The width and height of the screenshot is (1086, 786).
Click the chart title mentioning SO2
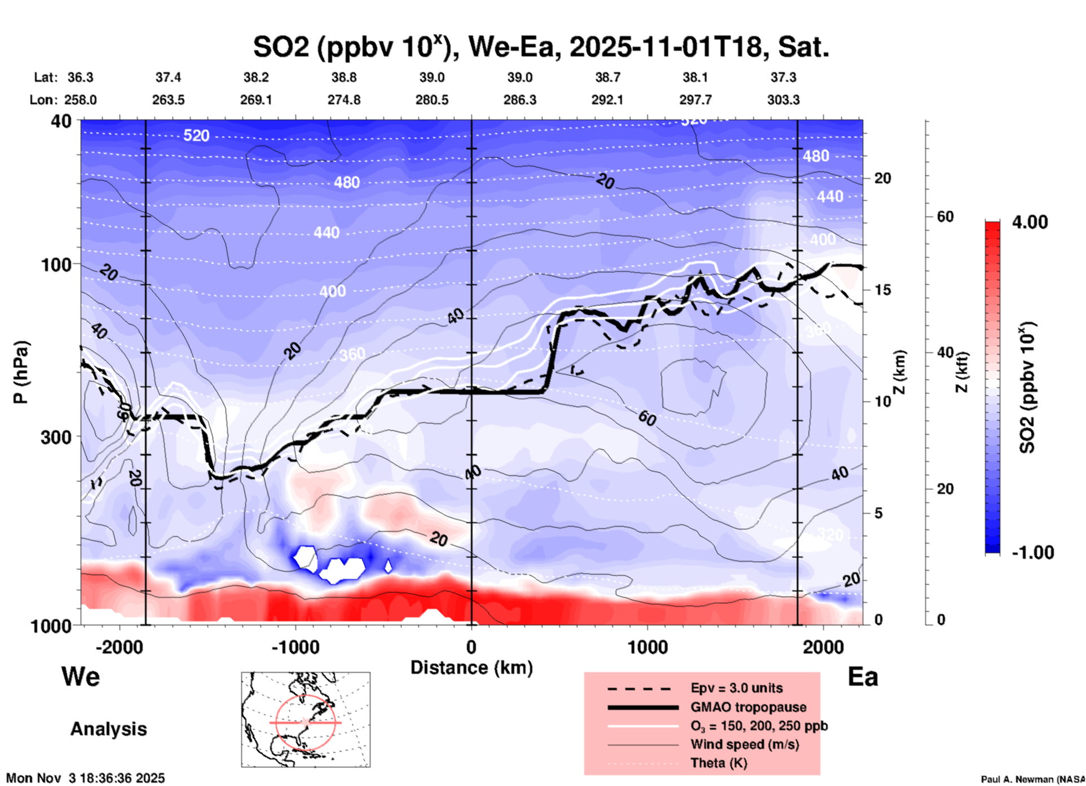(x=540, y=47)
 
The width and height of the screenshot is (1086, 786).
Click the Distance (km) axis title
(x=471, y=668)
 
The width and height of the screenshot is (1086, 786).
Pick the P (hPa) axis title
(x=20, y=372)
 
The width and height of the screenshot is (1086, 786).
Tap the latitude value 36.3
(x=80, y=77)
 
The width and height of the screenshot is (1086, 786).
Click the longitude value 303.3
(x=783, y=100)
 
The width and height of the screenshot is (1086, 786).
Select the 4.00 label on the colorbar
(x=1030, y=222)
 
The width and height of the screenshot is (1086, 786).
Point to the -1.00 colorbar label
(x=1032, y=552)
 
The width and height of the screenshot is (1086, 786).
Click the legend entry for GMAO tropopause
(x=748, y=707)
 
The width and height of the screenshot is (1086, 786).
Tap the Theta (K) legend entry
(x=718, y=763)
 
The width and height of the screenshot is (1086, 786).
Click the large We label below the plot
(x=81, y=676)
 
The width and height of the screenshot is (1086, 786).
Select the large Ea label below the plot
(x=863, y=677)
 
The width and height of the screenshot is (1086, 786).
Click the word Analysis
(x=108, y=728)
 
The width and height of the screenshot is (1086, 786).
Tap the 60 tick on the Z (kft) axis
(x=945, y=217)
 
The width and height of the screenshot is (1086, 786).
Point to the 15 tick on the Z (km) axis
(x=882, y=290)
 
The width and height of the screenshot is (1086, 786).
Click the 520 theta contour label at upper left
(x=196, y=135)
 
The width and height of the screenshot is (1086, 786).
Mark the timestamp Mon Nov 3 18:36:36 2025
(x=86, y=778)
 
